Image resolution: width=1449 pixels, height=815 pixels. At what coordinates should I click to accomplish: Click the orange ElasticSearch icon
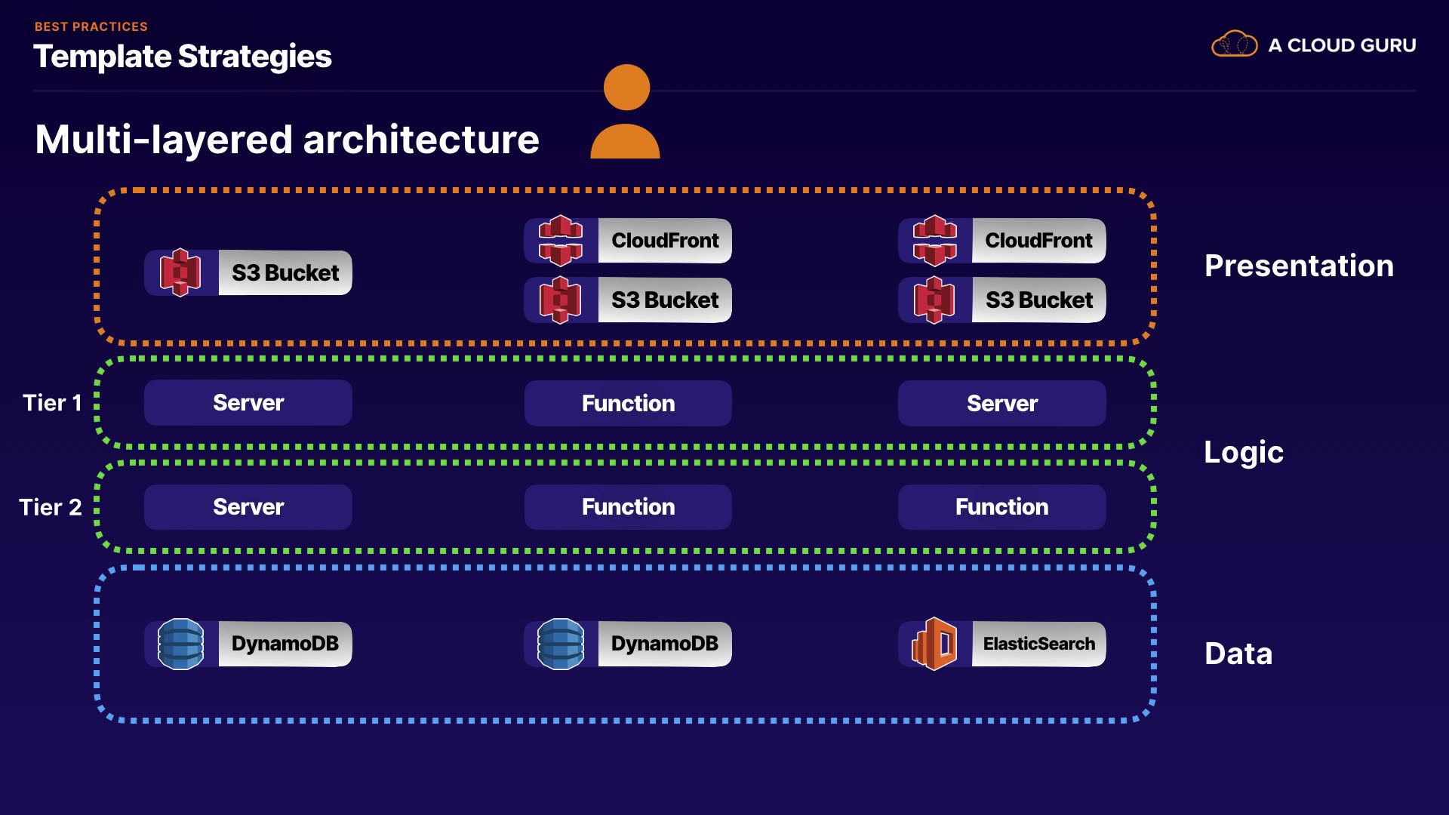pos(934,644)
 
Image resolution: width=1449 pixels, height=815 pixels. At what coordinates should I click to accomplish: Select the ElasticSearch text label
pos(1038,644)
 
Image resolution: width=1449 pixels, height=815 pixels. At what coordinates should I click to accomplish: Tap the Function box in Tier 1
pos(628,403)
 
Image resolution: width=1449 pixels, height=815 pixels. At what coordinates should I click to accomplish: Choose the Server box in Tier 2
pos(248,506)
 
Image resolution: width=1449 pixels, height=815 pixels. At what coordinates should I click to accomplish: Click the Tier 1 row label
pos(52,403)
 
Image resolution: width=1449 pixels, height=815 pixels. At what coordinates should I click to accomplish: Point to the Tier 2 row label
pos(51,507)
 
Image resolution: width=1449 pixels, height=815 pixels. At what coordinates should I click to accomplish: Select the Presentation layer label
pos(1299,266)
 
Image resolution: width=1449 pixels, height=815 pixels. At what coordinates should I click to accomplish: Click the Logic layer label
pos(1243,452)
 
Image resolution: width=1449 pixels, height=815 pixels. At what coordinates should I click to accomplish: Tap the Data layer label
pos(1238,654)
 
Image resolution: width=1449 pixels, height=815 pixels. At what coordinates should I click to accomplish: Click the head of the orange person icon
pos(626,88)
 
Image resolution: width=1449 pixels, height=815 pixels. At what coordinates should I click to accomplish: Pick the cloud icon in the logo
pos(1234,45)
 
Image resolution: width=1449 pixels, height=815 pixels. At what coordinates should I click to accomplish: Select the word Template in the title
pos(103,57)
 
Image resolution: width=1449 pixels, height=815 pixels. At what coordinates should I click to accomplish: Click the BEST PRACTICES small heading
pos(91,26)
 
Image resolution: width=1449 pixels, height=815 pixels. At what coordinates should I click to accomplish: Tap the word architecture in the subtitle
pos(421,140)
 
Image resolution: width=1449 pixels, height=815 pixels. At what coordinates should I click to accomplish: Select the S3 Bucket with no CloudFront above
pos(248,272)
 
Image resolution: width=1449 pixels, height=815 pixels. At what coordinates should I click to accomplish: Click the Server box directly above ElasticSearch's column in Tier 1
pos(1001,403)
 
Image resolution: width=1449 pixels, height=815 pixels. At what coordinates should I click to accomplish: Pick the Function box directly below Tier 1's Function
pos(628,506)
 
